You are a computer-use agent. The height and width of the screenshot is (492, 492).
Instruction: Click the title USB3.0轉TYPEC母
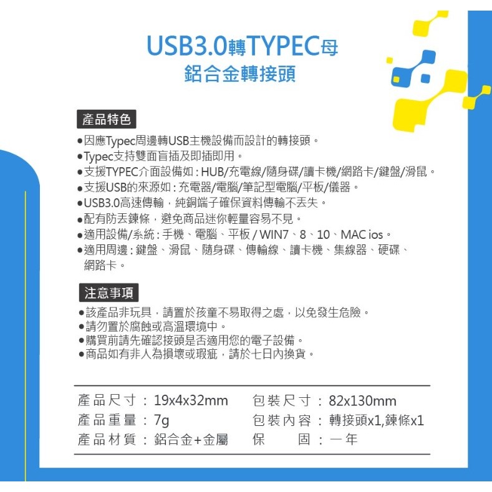click(x=243, y=46)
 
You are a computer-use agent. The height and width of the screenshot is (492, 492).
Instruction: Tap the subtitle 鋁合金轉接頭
click(x=240, y=74)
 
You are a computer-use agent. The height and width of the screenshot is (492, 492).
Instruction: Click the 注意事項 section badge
click(x=107, y=292)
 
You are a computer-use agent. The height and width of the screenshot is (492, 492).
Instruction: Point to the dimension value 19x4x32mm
click(x=191, y=400)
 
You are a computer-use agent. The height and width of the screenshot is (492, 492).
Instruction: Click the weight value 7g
click(x=161, y=420)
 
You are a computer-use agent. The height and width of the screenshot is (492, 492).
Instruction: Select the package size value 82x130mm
click(x=362, y=400)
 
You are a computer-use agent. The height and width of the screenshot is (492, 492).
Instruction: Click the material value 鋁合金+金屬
click(x=191, y=440)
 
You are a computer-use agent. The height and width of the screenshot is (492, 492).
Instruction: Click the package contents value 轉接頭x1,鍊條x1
click(x=376, y=420)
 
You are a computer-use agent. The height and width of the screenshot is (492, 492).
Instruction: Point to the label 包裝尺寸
click(x=281, y=400)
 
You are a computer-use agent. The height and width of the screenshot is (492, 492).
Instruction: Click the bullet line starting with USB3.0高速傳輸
click(x=205, y=203)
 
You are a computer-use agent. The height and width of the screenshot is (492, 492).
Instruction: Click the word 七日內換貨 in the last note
click(x=283, y=354)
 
